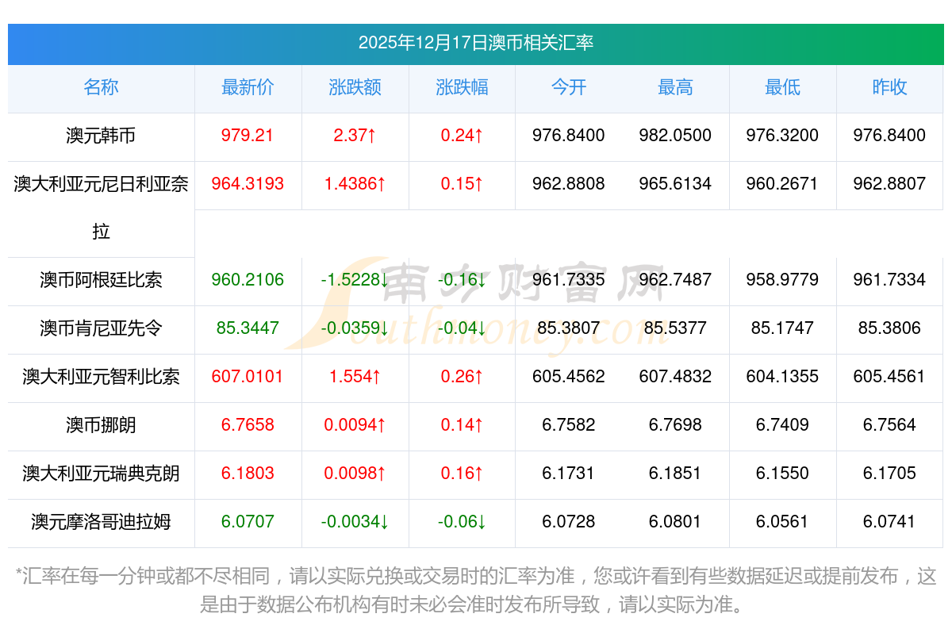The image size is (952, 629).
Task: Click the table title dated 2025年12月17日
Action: click(476, 43)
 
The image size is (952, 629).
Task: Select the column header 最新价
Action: click(248, 87)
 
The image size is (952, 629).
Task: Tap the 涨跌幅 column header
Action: click(462, 87)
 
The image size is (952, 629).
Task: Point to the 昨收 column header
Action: click(889, 87)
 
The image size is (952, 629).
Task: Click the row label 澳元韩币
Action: click(101, 136)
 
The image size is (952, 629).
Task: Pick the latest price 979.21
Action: click(248, 136)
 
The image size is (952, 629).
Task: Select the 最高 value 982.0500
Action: click(675, 136)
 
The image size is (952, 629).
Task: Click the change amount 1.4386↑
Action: click(355, 184)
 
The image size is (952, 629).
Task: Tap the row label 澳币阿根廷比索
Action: click(101, 280)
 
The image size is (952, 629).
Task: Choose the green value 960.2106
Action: click(248, 280)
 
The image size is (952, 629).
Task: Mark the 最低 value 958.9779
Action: click(782, 280)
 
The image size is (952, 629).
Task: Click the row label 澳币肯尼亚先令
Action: click(101, 328)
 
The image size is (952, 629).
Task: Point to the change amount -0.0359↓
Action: click(355, 328)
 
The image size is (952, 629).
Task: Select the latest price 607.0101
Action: click(248, 377)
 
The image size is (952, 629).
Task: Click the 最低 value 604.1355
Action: click(782, 377)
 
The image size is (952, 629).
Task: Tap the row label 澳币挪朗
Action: click(101, 425)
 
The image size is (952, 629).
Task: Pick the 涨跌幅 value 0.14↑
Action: click(462, 425)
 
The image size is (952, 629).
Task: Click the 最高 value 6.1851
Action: click(675, 474)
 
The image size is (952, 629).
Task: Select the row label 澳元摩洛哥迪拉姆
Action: click(101, 522)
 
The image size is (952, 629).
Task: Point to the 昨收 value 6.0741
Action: click(889, 522)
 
